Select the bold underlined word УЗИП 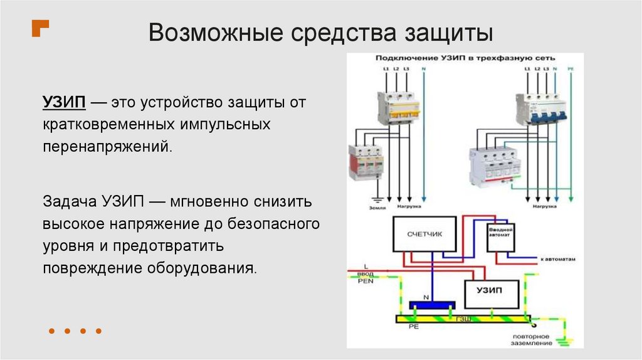[63, 102]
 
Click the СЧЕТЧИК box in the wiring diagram [424, 235]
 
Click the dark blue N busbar [431, 305]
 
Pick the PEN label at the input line [366, 282]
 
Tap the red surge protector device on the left [367, 162]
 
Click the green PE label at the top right [570, 67]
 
